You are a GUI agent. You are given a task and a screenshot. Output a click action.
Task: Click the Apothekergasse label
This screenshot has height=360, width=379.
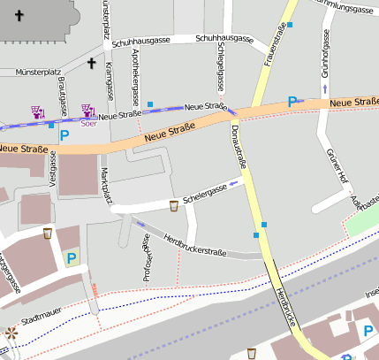tap(135, 78)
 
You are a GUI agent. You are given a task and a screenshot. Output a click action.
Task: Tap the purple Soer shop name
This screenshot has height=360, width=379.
tap(88, 124)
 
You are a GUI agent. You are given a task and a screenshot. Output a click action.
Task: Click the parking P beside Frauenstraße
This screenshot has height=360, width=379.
tap(292, 102)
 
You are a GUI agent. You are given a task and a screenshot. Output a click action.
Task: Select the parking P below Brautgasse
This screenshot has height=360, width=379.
tap(64, 136)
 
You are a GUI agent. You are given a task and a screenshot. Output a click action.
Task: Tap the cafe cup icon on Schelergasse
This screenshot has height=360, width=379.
tap(174, 206)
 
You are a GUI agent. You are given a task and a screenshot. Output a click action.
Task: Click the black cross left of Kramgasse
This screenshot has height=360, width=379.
tap(91, 63)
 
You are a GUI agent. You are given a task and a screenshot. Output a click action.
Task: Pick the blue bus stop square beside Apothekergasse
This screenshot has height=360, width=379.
tap(150, 105)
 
